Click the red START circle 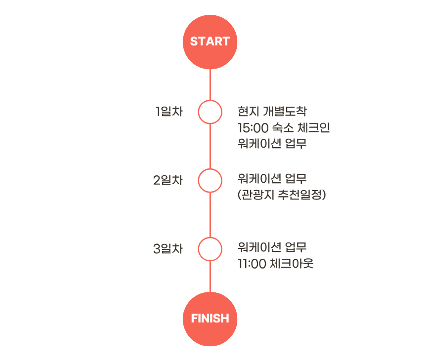[x=210, y=42]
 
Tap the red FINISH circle [x=210, y=319]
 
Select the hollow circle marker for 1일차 [x=210, y=112]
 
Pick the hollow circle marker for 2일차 [x=210, y=180]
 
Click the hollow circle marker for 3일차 [x=210, y=249]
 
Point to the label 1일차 [x=169, y=112]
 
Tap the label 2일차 [x=168, y=180]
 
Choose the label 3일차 [x=168, y=249]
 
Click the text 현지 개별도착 [x=275, y=111]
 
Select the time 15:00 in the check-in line [x=253, y=128]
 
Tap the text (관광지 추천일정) [x=282, y=195]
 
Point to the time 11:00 [x=252, y=264]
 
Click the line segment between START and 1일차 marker [x=210, y=84]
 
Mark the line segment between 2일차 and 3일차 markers [x=210, y=215]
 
